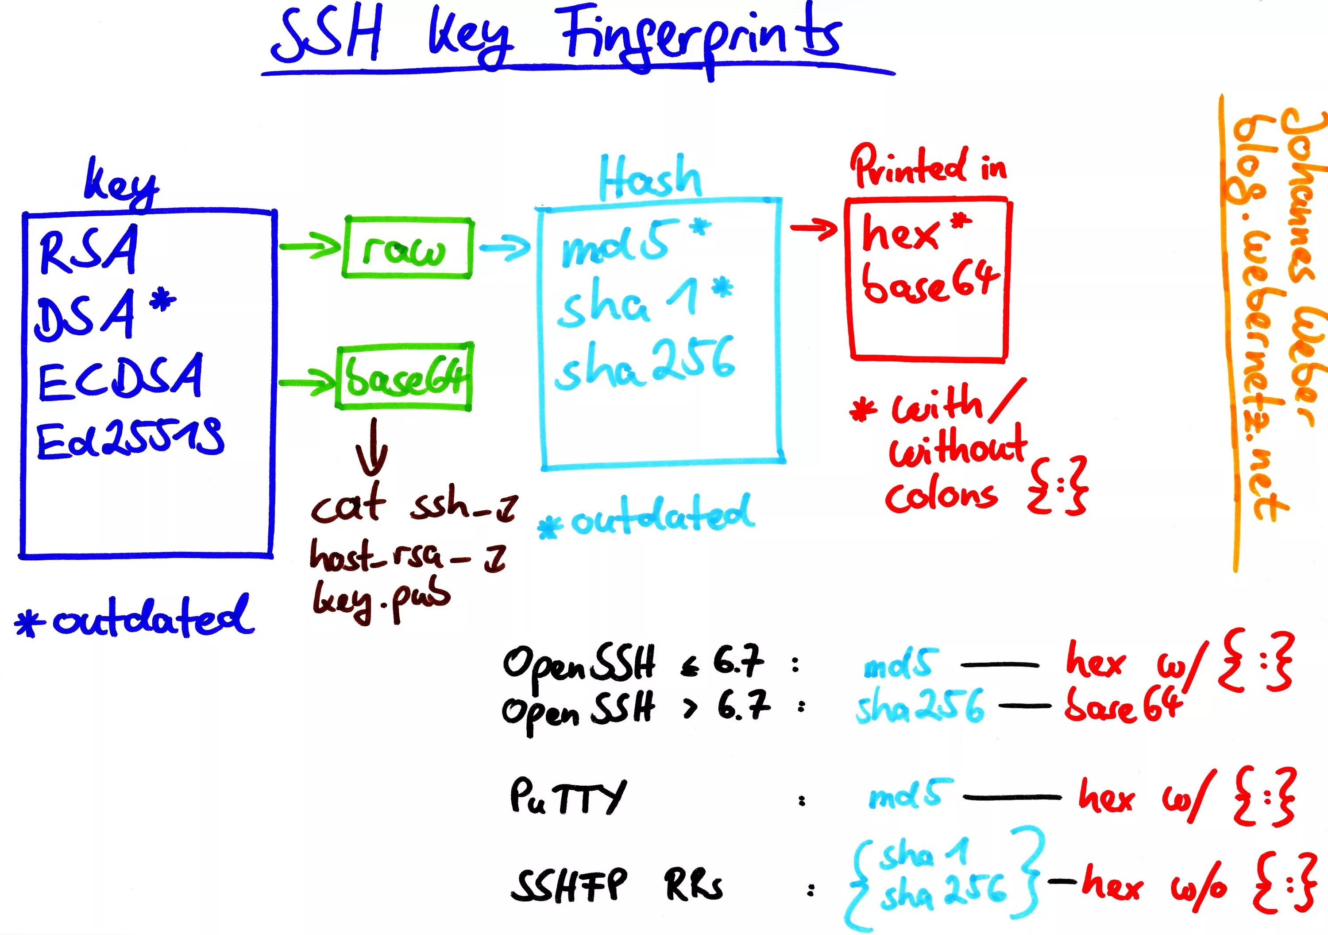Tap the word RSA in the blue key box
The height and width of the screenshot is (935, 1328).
pos(89,250)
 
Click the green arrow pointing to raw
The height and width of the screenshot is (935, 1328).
pos(310,247)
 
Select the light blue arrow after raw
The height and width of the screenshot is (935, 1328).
pos(504,248)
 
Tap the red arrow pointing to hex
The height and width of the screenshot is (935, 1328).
pos(814,229)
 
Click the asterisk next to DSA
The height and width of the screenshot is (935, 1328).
pos(163,302)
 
